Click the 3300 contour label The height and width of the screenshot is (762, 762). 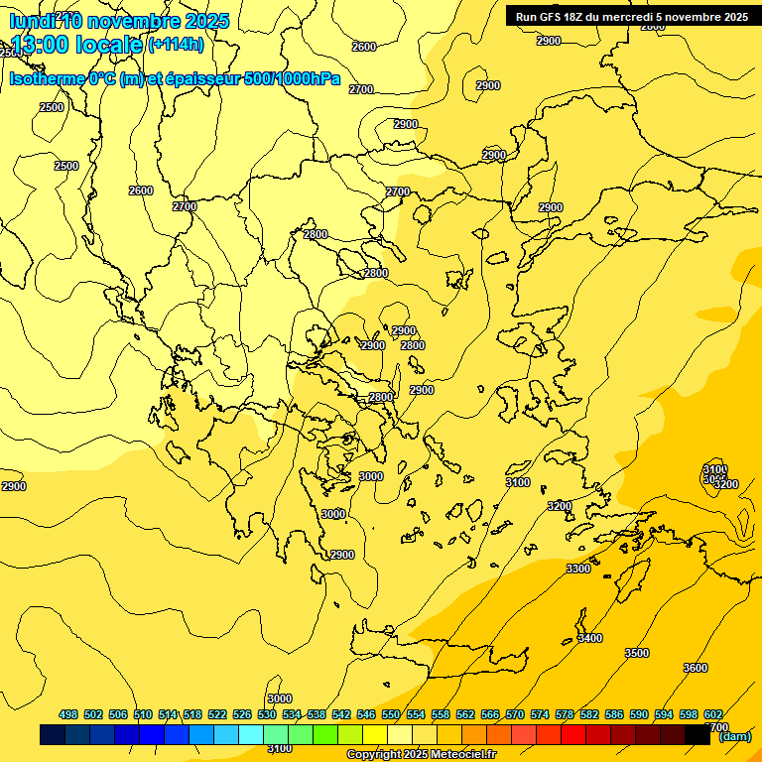(578, 569)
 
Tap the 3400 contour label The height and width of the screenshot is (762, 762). (589, 638)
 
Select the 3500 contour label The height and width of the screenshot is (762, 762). (637, 653)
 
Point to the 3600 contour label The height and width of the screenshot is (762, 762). (696, 668)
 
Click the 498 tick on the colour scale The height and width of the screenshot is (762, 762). (68, 714)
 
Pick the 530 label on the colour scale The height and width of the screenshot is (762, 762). (267, 714)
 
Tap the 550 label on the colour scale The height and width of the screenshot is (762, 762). (391, 714)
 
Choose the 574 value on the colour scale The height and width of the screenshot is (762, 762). (540, 714)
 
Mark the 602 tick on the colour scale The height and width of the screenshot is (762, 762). (713, 714)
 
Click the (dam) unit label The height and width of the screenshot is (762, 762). (735, 736)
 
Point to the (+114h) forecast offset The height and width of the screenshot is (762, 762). (176, 44)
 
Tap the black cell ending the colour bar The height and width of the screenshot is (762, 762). (698, 735)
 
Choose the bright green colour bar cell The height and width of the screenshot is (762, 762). (325, 735)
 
